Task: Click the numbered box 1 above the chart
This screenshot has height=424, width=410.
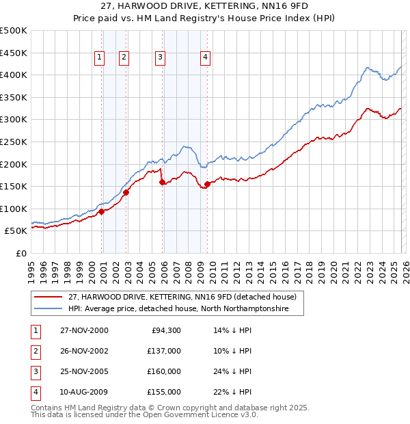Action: coord(100,57)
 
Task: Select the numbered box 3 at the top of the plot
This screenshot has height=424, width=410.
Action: coord(160,57)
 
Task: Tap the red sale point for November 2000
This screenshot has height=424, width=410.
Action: coord(102,211)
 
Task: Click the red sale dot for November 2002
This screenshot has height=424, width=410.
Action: coord(126,192)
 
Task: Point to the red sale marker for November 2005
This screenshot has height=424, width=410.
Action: coord(162,182)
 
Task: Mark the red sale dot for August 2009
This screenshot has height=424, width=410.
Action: coord(207,184)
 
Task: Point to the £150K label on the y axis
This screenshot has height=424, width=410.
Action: coord(14,186)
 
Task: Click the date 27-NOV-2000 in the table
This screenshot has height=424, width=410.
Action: coord(83,330)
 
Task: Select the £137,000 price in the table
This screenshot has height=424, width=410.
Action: coord(164,351)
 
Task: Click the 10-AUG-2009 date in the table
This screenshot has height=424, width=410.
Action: coord(83,392)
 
